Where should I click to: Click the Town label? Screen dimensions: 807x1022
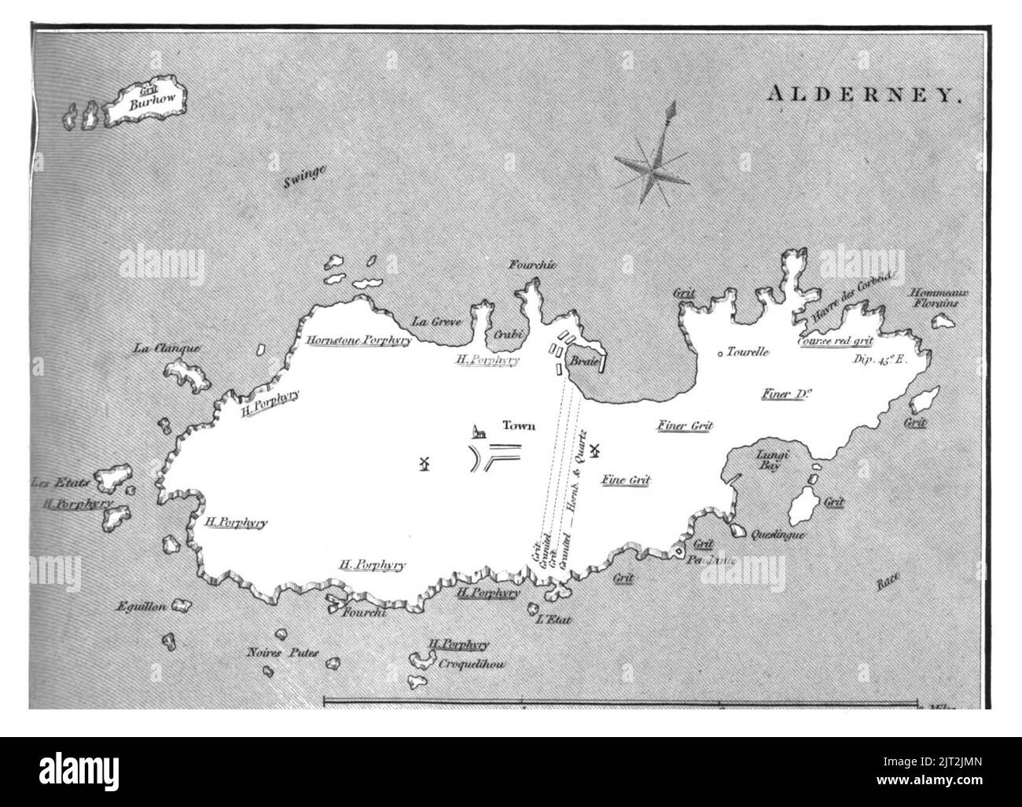[x=519, y=426]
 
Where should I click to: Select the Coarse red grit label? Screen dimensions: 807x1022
[x=835, y=342]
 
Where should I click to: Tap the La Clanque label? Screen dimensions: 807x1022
[x=167, y=349]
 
